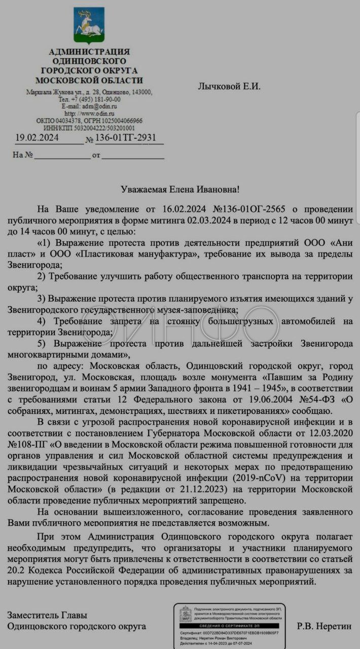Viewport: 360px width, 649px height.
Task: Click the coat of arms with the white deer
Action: pyautogui.click(x=89, y=25)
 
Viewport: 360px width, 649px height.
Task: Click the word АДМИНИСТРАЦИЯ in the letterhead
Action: pyautogui.click(x=89, y=52)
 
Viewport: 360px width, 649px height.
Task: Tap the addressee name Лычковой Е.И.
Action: pyautogui.click(x=229, y=86)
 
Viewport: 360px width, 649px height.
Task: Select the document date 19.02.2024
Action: pyautogui.click(x=37, y=138)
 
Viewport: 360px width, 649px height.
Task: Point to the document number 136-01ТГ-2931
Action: pyautogui.click(x=125, y=138)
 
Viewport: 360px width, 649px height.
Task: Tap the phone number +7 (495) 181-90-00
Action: pyautogui.click(x=94, y=99)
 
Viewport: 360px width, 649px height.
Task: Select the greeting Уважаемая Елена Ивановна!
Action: pyautogui.click(x=180, y=189)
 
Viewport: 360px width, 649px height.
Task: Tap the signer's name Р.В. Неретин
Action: pyautogui.click(x=324, y=626)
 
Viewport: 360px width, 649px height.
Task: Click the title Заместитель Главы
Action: pyautogui.click(x=47, y=615)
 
